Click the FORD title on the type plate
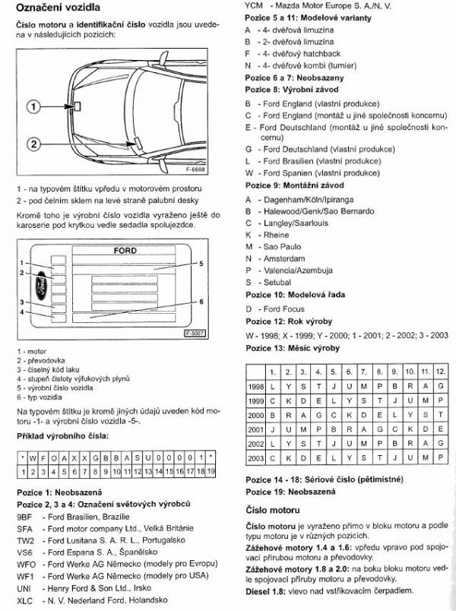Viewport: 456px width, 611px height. point(125,250)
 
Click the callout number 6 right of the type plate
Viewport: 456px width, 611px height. point(201,301)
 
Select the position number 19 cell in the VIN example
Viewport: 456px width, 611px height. point(211,472)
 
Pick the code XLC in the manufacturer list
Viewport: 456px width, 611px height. point(24,600)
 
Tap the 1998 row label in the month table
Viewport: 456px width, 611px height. point(255,386)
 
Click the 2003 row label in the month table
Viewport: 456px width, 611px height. point(255,458)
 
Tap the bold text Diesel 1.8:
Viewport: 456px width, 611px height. point(268,590)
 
